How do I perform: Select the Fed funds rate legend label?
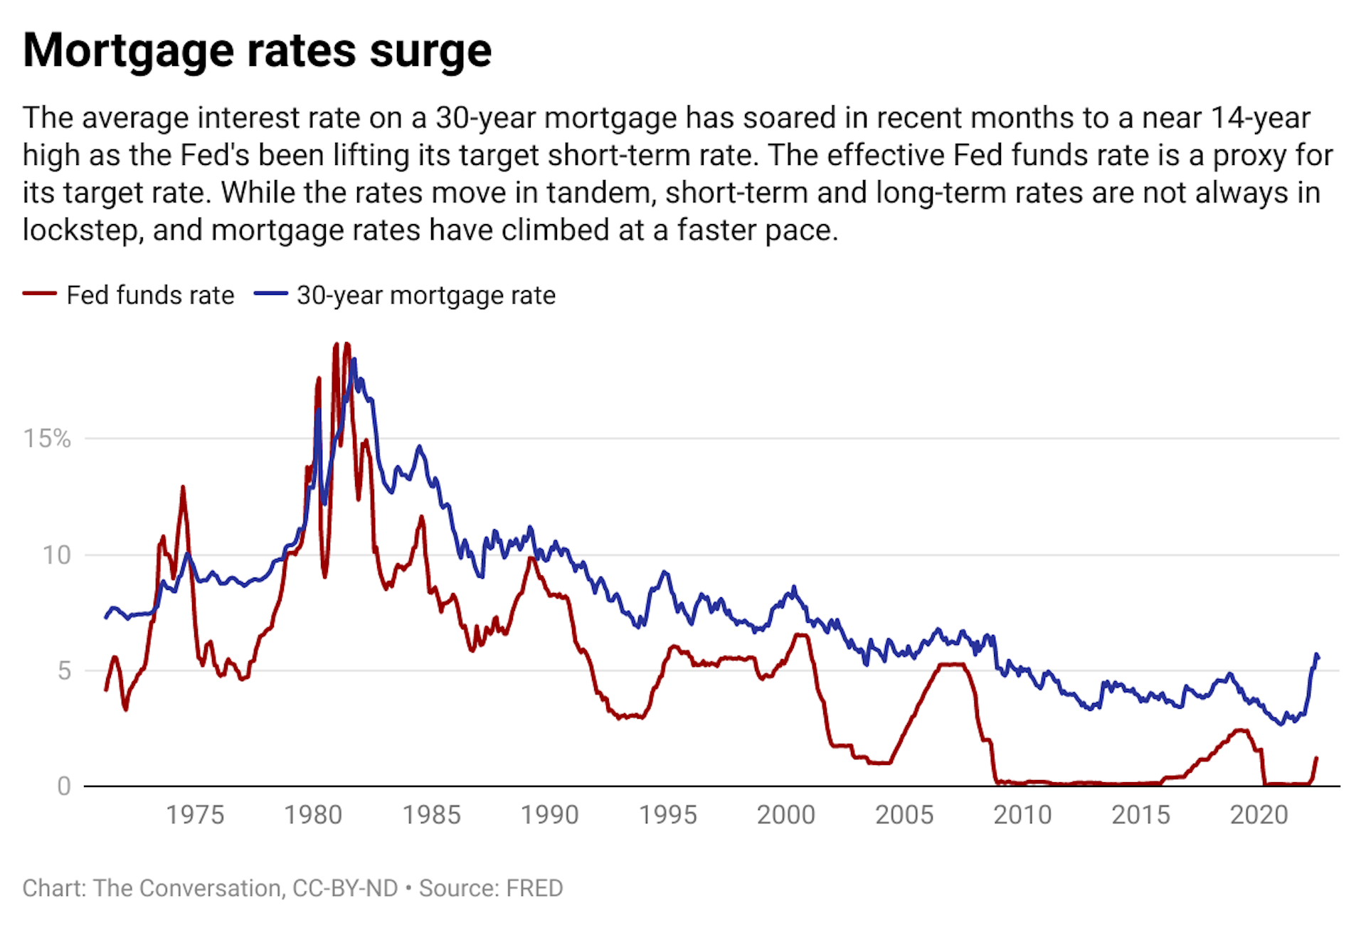pos(150,295)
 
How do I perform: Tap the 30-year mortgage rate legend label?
pos(425,295)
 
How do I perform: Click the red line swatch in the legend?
pos(40,294)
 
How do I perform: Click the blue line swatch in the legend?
pos(271,294)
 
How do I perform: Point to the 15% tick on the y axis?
pos(47,439)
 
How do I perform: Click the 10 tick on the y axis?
pos(57,555)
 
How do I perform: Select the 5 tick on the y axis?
pos(64,670)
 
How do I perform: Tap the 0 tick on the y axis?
pos(64,786)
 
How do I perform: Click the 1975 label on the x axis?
pos(195,815)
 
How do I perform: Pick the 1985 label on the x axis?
pos(431,815)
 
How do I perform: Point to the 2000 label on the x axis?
pos(785,815)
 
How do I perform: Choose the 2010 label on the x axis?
pos(1022,815)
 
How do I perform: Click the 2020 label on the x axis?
pos(1259,815)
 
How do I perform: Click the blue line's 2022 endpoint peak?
pos(1316,654)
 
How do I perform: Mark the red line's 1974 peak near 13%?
pos(183,488)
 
